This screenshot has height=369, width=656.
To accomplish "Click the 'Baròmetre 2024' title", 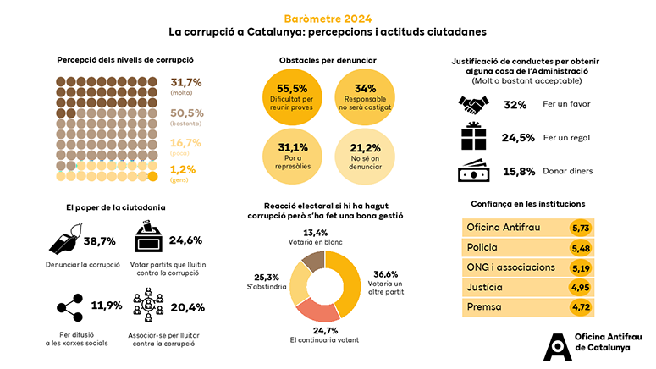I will (327, 19).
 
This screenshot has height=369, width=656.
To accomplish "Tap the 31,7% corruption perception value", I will (186, 83).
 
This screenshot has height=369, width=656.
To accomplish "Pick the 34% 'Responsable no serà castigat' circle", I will (365, 95).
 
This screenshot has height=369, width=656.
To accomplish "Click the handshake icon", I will (474, 104).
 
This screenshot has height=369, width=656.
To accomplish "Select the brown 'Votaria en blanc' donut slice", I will (312, 262).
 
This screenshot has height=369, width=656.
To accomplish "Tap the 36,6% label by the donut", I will (385, 273).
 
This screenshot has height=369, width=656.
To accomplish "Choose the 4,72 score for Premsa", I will (581, 306).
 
